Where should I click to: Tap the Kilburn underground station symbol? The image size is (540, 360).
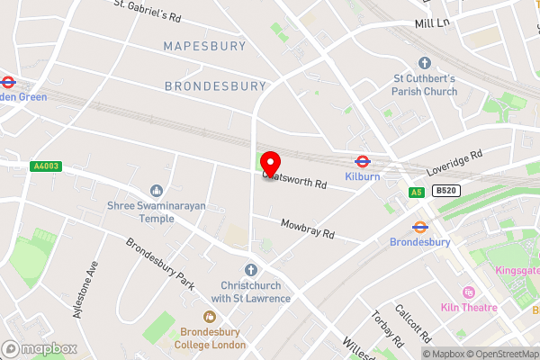click(x=361, y=162)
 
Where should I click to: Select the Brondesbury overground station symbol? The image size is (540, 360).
click(x=419, y=227)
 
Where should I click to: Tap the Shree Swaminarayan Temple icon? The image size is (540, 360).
click(x=157, y=190)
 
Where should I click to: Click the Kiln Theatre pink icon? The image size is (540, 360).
click(x=468, y=292)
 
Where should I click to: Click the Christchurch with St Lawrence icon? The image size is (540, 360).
click(x=251, y=270)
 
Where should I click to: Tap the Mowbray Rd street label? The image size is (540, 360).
click(x=307, y=229)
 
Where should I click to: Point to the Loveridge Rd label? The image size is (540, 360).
click(x=454, y=162)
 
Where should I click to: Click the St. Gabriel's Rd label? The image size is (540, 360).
click(x=148, y=10)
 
